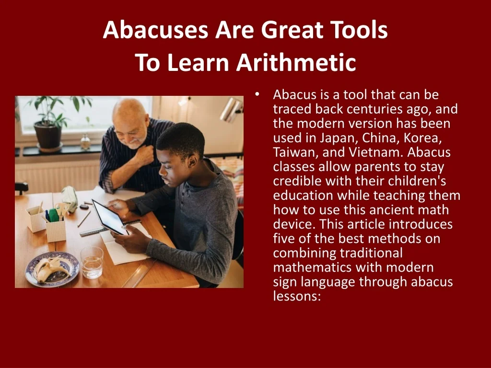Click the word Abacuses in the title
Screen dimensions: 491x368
coord(155,30)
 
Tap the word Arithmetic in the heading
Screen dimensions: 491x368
coord(296,62)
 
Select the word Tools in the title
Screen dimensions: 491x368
coord(360,30)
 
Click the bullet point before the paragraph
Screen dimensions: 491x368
coord(257,94)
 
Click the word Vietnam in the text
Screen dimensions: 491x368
coord(376,152)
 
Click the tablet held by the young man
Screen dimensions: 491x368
coord(110,217)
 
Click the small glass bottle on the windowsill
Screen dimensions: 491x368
coord(85,142)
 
